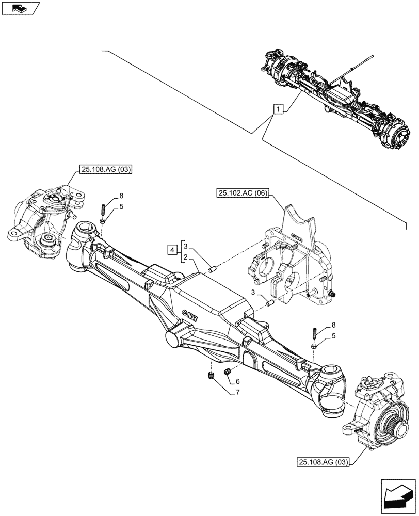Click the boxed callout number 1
pyautogui.click(x=278, y=109)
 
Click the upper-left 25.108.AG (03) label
pyautogui.click(x=106, y=168)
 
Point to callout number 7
pyautogui.click(x=238, y=393)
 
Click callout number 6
pyautogui.click(x=238, y=381)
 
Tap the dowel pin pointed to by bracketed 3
pyautogui.click(x=212, y=268)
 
